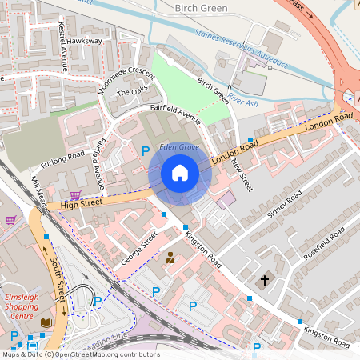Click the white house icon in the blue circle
coord(180,172)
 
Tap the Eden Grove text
coord(178,148)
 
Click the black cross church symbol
coord(266,281)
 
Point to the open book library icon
coord(46,322)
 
